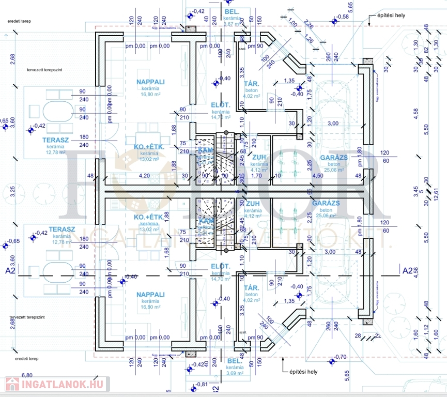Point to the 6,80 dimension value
click(x=26, y=375)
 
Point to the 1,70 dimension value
click(x=255, y=176)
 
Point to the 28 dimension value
click(x=357, y=336)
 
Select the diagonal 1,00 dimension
click(x=293, y=23)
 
